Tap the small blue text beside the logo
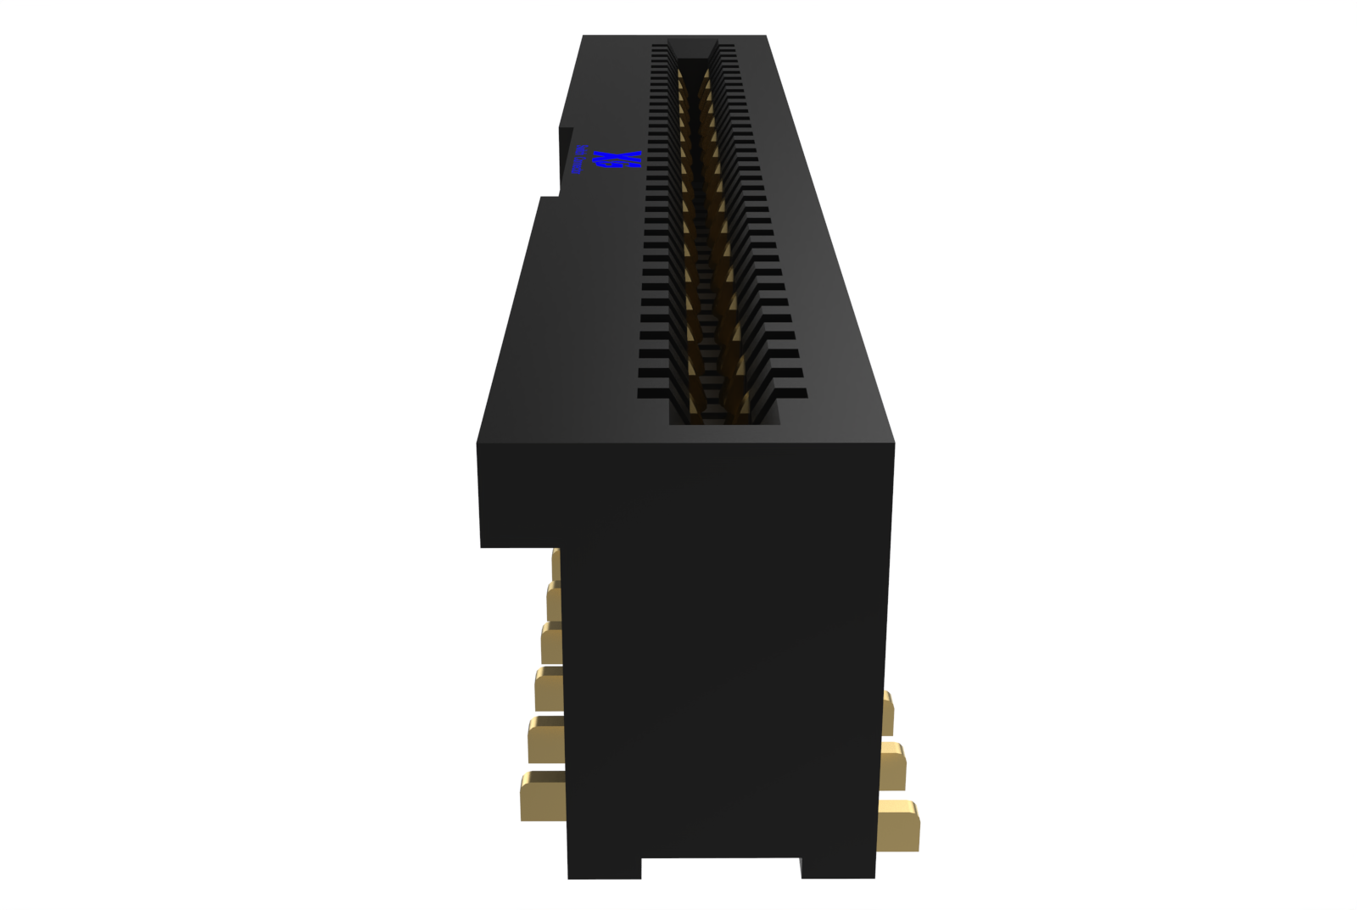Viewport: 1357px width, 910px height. coord(579,159)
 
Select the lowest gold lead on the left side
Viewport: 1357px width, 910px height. coord(542,797)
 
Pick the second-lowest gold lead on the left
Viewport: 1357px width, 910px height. coord(545,740)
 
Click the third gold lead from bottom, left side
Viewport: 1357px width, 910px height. coord(548,689)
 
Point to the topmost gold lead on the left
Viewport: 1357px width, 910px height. coord(556,564)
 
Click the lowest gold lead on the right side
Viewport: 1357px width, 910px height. coord(898,825)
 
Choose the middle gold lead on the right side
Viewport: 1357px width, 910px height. coord(893,766)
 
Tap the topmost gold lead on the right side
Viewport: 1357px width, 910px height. coord(887,712)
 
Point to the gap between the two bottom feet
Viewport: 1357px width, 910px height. coord(721,867)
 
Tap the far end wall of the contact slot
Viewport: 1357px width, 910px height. coord(692,48)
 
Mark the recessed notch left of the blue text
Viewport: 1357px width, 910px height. coord(566,161)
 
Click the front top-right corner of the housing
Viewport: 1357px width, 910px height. coord(893,443)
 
